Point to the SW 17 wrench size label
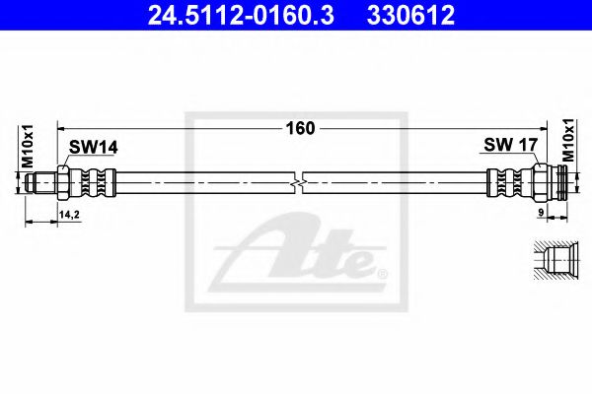pyautogui.click(x=509, y=145)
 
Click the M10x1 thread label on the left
pyautogui.click(x=28, y=145)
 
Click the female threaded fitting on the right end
pyautogui.click(x=554, y=181)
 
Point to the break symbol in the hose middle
pyautogui.click(x=299, y=181)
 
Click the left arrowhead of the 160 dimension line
pyautogui.click(x=62, y=127)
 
